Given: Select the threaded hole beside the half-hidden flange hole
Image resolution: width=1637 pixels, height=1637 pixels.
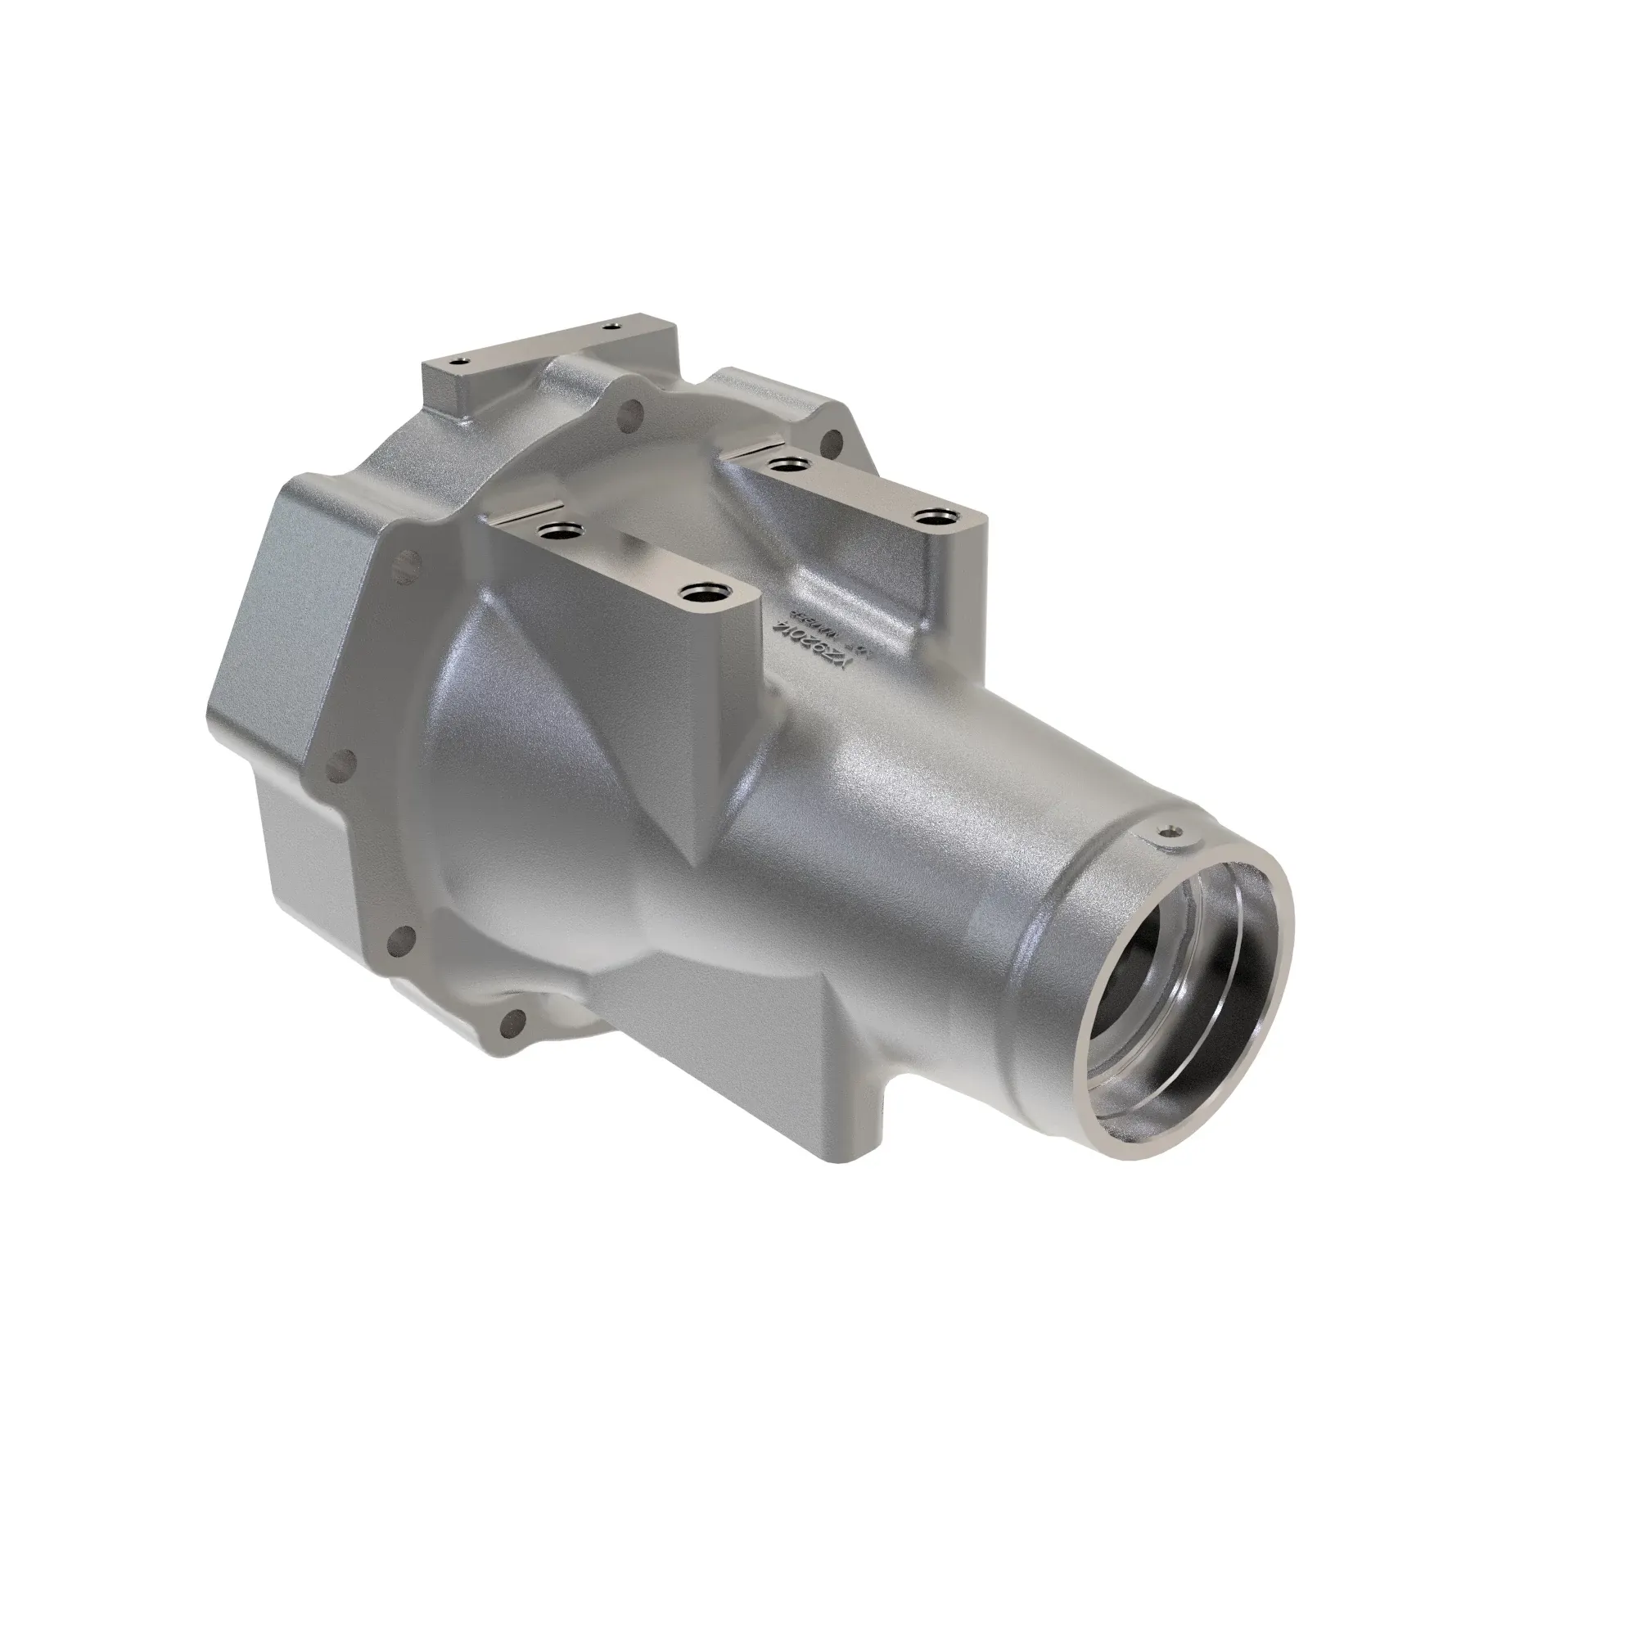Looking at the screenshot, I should pos(791,463).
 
